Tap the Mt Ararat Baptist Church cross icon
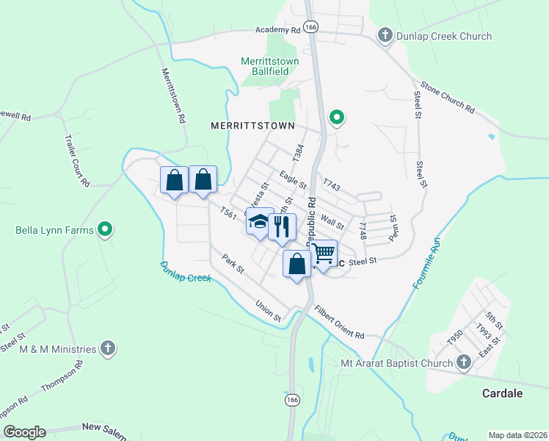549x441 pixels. [x=463, y=362]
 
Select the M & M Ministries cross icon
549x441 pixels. [x=107, y=348]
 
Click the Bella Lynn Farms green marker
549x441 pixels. [x=105, y=229]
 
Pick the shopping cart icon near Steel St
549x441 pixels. [x=324, y=254]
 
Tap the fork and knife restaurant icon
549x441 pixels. [x=281, y=226]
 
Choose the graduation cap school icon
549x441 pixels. [x=259, y=223]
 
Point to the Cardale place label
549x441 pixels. [x=502, y=393]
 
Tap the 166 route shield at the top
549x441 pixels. [x=312, y=26]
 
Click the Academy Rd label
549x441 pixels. [x=278, y=30]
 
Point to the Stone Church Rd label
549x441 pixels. [x=446, y=97]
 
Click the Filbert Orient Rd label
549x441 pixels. [x=339, y=323]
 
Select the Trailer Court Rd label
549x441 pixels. [x=76, y=160]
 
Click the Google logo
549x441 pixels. [x=24, y=432]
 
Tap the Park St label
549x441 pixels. [x=233, y=262]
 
